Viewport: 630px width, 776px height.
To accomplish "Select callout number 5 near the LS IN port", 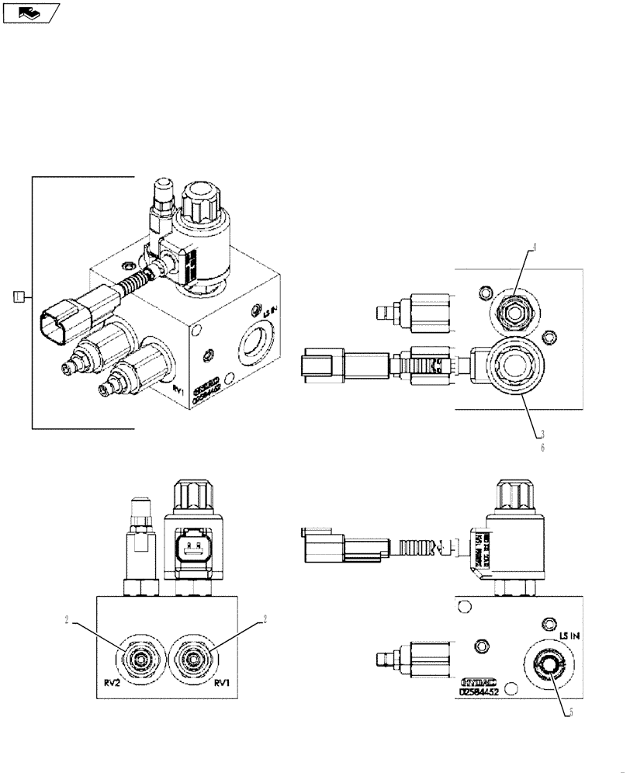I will pyautogui.click(x=570, y=714).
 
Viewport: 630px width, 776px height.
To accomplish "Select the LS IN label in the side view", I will pyautogui.click(x=569, y=636).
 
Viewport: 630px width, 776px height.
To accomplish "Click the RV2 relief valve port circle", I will pyautogui.click(x=140, y=660).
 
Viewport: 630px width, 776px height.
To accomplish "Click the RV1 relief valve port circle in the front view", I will pyautogui.click(x=192, y=660).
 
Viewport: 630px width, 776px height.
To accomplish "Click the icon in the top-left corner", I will pyautogui.click(x=31, y=12).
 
